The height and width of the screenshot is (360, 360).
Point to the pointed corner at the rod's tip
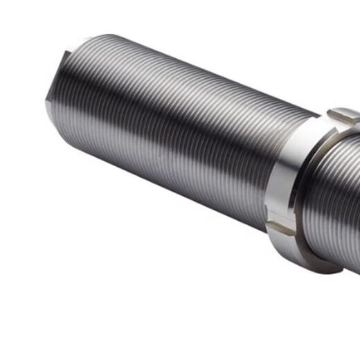point(47,102)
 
